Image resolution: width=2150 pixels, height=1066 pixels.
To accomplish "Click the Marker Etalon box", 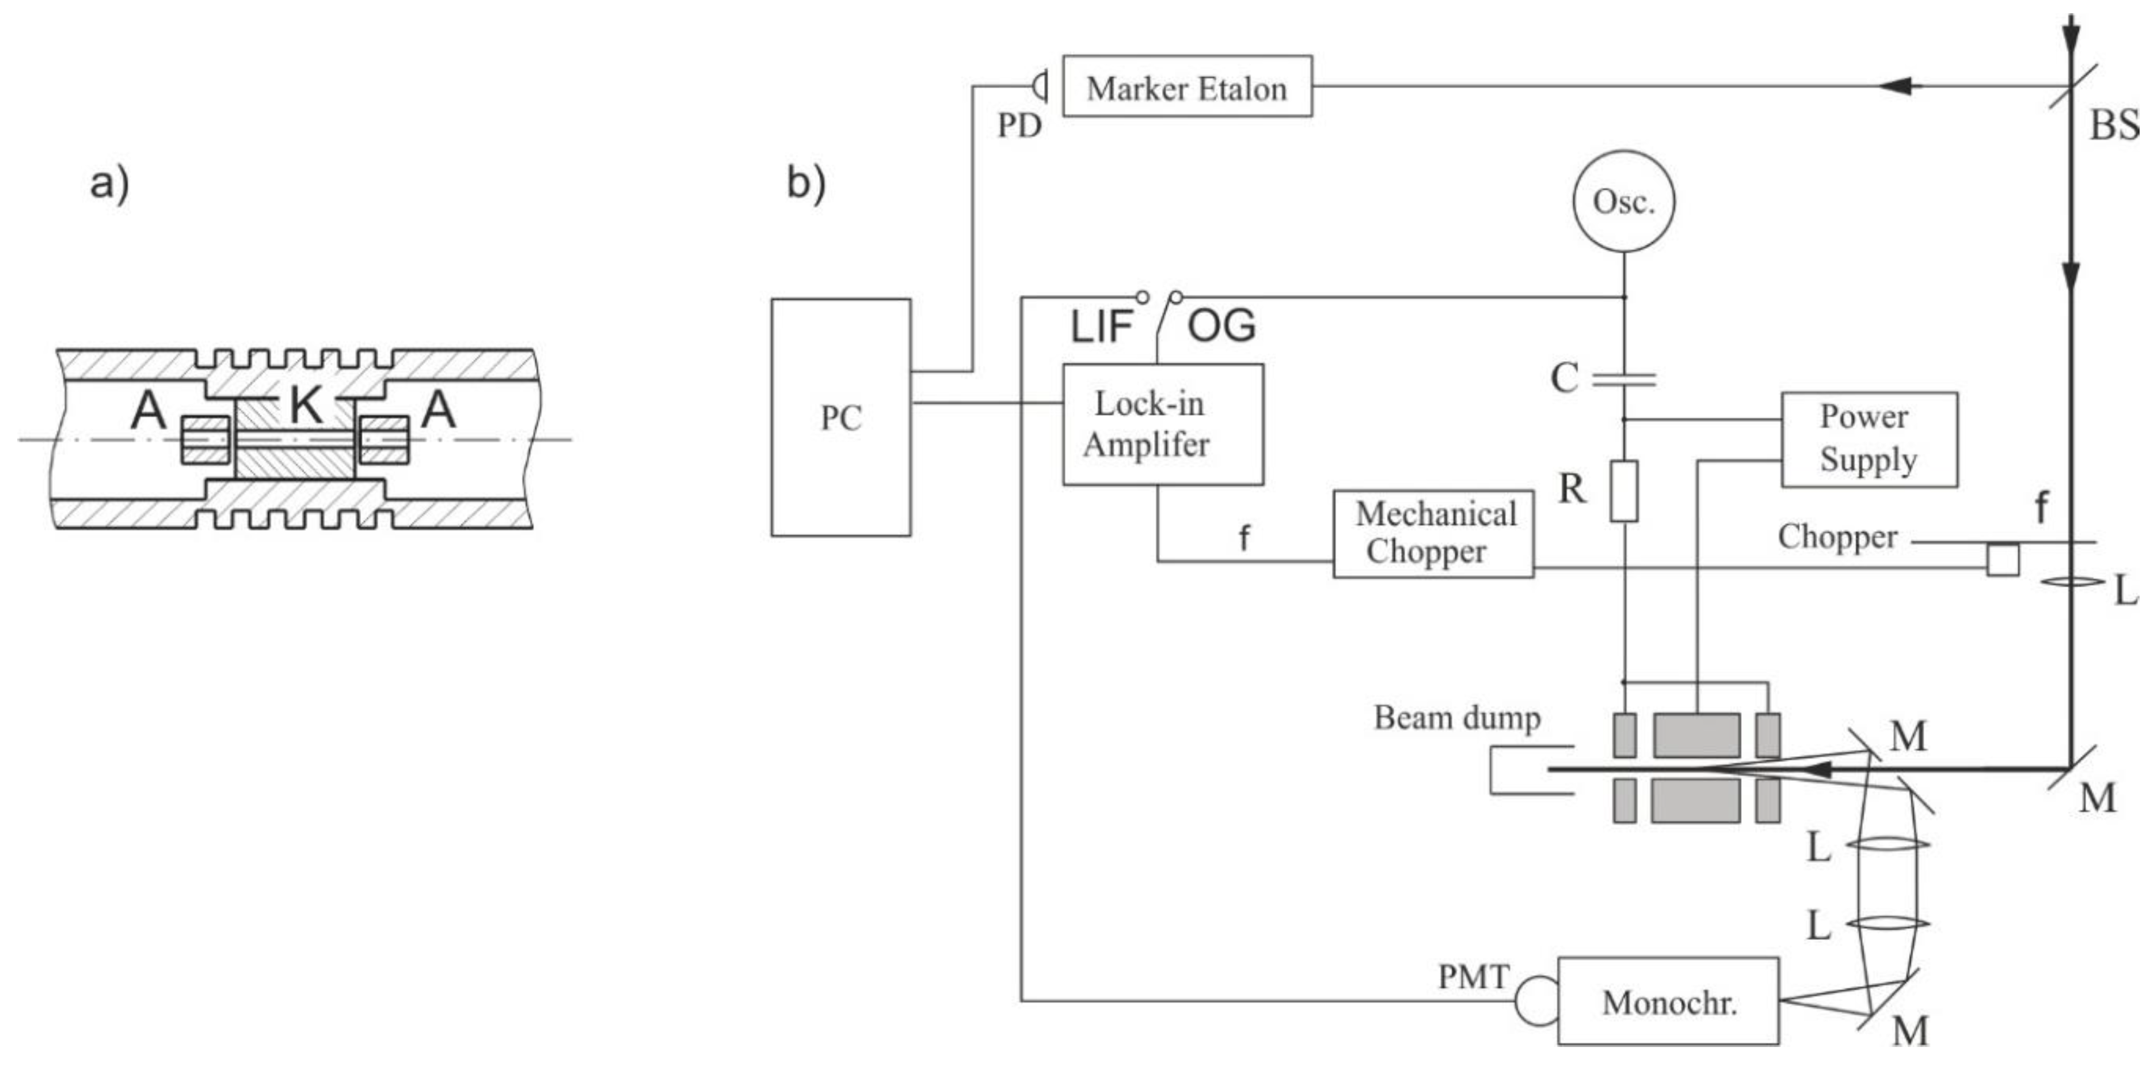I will (1186, 87).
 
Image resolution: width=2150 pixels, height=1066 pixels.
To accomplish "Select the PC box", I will (840, 418).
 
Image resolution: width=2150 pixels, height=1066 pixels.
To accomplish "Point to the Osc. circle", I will (1623, 201).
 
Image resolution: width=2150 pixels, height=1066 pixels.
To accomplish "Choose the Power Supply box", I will (1869, 439).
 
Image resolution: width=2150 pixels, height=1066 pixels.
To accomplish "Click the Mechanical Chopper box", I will (1433, 533).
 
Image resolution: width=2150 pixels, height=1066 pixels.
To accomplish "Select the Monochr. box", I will (1668, 1001).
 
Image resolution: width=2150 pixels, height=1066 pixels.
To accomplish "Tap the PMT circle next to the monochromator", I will (1536, 1001).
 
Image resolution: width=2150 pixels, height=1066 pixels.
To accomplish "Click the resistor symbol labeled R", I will (1623, 491).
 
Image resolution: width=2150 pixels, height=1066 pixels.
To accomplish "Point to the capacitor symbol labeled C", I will (1623, 381).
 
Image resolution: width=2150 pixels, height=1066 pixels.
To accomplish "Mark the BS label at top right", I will (2113, 125).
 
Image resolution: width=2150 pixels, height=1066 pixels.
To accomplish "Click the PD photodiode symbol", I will (1040, 86).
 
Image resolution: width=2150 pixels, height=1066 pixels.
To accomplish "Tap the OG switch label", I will (1221, 325).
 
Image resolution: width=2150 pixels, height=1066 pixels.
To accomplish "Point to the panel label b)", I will (805, 183).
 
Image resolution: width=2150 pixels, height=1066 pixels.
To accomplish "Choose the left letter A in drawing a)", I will (149, 410).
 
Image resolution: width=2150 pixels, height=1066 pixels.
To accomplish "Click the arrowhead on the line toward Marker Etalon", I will (1899, 86).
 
